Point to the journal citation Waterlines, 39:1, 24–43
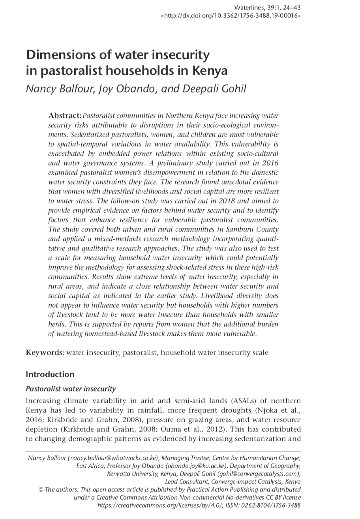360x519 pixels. (x=268, y=8)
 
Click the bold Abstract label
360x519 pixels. (x=65, y=115)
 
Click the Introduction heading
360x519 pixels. (x=50, y=374)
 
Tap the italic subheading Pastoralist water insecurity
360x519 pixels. (x=71, y=389)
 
